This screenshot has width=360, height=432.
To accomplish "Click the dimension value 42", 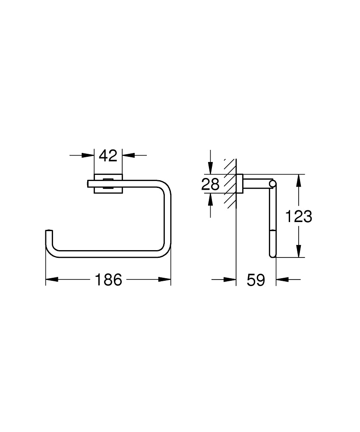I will tap(108, 155).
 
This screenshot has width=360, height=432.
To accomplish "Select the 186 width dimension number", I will tap(108, 280).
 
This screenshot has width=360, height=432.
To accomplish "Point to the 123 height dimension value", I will tap(299, 216).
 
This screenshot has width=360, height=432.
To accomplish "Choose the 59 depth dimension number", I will tap(256, 280).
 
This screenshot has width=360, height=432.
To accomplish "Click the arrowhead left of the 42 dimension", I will tap(88, 155).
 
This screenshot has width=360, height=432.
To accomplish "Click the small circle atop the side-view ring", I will tap(272, 184).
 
